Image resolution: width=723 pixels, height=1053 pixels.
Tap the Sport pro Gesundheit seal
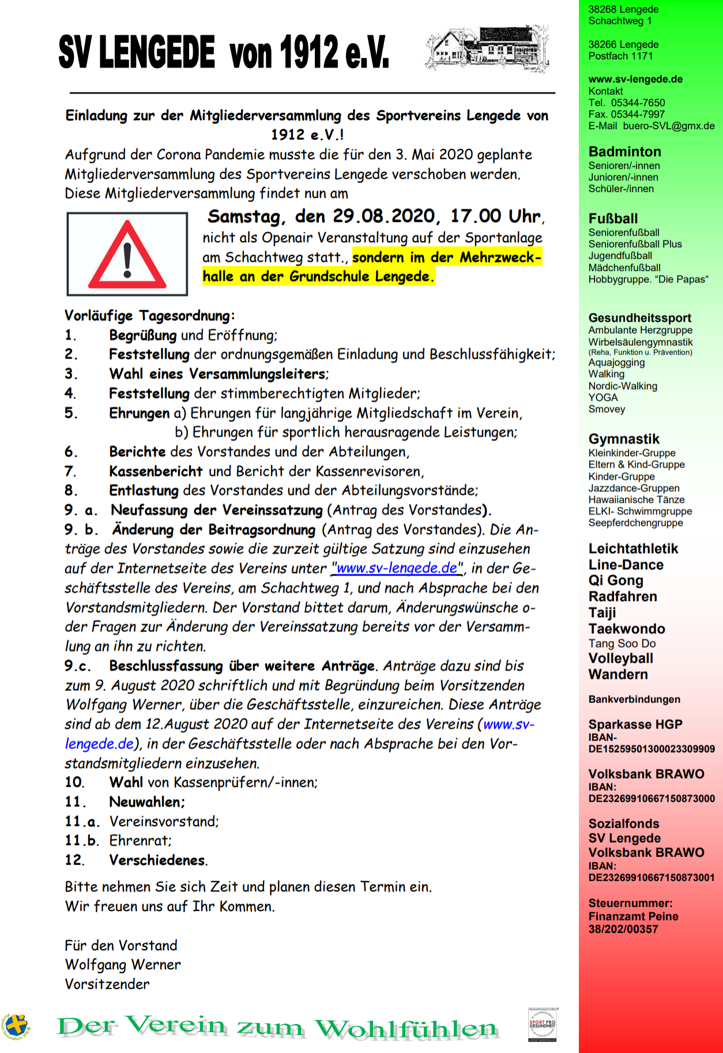[x=543, y=1024]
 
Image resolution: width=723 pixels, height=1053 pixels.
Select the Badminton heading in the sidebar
[x=624, y=152]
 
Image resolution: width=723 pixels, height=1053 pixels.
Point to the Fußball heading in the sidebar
[x=613, y=219]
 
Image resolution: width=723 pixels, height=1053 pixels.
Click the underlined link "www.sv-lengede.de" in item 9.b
[x=397, y=568]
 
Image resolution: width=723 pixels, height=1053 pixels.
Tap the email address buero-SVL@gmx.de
[x=668, y=126]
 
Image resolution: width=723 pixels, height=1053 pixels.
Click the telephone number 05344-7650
[x=638, y=103]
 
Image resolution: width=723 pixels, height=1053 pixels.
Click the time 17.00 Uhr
[x=495, y=216]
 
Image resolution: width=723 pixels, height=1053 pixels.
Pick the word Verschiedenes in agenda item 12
[x=157, y=860]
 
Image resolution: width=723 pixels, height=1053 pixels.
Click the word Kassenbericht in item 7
[x=156, y=471]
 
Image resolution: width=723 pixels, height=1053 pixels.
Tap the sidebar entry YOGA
[x=602, y=397]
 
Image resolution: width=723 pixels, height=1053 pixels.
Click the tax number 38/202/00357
[x=623, y=929]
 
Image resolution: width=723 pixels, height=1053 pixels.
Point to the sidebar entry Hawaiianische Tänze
[x=636, y=499]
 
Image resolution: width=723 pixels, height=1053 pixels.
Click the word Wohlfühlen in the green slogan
[x=406, y=1028]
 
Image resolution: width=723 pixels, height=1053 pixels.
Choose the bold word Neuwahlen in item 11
[x=146, y=802]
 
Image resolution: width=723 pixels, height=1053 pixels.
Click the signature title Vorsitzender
[x=107, y=984]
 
